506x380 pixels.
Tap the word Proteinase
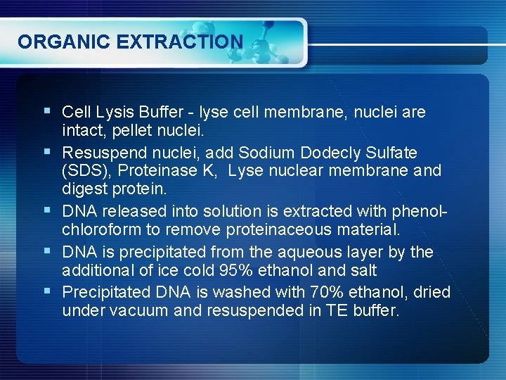coord(153,171)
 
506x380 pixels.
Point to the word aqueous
coord(312,252)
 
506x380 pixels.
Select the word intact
coord(81,130)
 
